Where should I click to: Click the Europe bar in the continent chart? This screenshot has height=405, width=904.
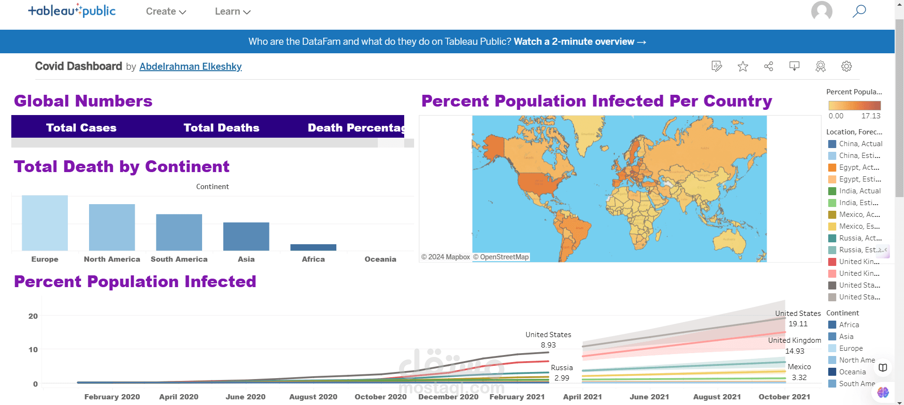tap(45, 223)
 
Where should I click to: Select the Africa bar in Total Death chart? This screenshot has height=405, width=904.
tap(313, 247)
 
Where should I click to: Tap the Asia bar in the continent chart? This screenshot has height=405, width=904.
tap(246, 236)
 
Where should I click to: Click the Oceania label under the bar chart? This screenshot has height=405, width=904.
tap(380, 259)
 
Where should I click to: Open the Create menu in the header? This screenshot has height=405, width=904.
tap(166, 11)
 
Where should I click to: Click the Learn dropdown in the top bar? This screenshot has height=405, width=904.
tap(232, 11)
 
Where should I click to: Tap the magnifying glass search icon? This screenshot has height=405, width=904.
tap(859, 11)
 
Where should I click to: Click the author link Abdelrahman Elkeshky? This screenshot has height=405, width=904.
tap(190, 66)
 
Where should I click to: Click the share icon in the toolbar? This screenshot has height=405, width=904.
tap(768, 66)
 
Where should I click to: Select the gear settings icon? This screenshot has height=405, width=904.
tap(846, 66)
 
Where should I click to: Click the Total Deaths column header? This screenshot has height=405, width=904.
tap(221, 128)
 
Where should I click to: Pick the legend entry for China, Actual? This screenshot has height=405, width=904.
tap(860, 144)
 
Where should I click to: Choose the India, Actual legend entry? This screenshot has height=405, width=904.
tap(859, 191)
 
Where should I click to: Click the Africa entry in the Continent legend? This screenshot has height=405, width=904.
tap(848, 325)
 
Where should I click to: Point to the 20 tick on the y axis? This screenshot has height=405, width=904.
tap(33, 316)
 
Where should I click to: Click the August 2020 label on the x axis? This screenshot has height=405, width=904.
tap(313, 397)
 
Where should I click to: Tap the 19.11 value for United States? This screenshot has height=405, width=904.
tap(798, 324)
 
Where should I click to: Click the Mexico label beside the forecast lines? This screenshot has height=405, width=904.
tap(799, 367)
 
